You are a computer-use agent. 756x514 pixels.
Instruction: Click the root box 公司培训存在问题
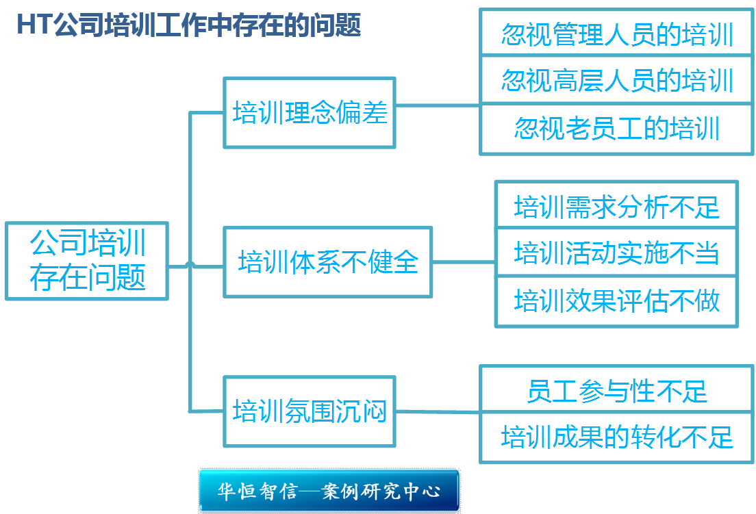[x=87, y=261]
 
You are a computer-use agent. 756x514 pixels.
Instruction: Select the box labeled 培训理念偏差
[x=310, y=113]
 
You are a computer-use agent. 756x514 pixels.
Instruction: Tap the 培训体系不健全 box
[x=328, y=262]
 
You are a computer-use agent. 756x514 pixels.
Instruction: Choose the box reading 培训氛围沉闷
[x=310, y=411]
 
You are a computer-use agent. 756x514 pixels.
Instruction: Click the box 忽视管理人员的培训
[x=616, y=34]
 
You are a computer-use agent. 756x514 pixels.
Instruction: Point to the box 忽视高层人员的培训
[x=616, y=80]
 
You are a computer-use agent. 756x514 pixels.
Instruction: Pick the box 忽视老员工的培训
[x=616, y=128]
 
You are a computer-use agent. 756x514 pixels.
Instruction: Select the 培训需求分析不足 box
[x=616, y=206]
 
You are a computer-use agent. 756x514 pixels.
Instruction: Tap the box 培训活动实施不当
[x=616, y=253]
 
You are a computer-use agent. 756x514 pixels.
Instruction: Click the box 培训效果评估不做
[x=616, y=300]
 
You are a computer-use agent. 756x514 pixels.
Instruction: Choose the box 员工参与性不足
[x=616, y=391]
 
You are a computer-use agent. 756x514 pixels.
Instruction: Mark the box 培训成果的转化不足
[x=616, y=437]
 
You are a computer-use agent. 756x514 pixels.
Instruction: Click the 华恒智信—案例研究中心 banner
[x=329, y=491]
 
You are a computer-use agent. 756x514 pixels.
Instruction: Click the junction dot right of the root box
[x=190, y=264]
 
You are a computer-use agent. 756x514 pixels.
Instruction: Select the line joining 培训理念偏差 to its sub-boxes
[x=438, y=106]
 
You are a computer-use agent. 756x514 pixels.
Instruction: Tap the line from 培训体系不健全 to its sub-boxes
[x=464, y=261]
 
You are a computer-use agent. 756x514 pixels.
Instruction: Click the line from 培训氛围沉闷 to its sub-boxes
[x=438, y=411]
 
